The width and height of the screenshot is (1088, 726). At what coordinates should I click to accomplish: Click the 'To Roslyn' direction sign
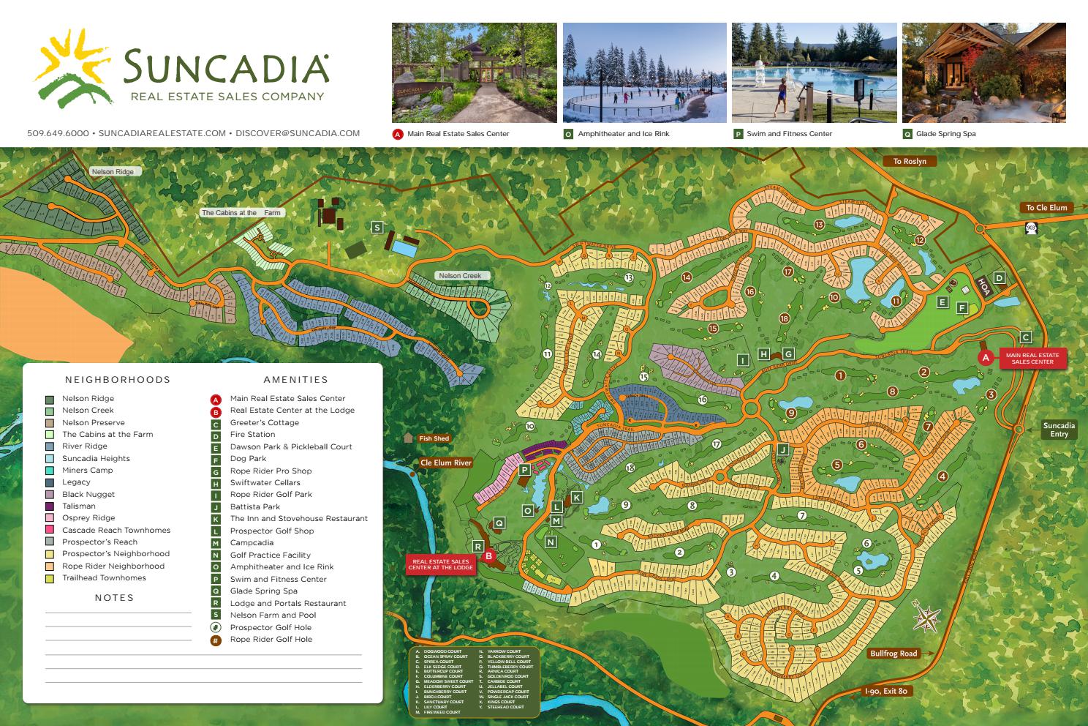pyautogui.click(x=909, y=161)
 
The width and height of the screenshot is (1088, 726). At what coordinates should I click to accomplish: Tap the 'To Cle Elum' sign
pyautogui.click(x=1046, y=207)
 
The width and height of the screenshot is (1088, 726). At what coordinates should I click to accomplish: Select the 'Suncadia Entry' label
pyautogui.click(x=1059, y=430)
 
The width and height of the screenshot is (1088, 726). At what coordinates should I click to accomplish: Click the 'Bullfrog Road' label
pyautogui.click(x=893, y=654)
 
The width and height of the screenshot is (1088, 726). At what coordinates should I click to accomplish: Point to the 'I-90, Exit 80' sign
pyautogui.click(x=885, y=691)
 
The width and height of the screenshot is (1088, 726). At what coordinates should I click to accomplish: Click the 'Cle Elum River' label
pyautogui.click(x=446, y=463)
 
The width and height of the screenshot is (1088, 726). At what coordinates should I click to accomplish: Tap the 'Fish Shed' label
pyautogui.click(x=434, y=438)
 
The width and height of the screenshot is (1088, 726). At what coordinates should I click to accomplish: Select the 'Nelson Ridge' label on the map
pyautogui.click(x=113, y=171)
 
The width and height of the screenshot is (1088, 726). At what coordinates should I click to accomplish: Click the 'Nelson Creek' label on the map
pyautogui.click(x=460, y=275)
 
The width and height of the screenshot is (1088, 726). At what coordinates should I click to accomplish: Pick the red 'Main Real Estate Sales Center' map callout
pyautogui.click(x=1032, y=358)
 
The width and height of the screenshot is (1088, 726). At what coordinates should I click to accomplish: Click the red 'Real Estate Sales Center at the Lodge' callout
pyautogui.click(x=439, y=564)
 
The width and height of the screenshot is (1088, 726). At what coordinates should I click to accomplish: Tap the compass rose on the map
pyautogui.click(x=926, y=619)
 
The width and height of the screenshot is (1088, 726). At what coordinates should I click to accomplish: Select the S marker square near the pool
pyautogui.click(x=377, y=228)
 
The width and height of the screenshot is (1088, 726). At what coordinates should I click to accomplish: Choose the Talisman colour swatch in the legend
pyautogui.click(x=50, y=506)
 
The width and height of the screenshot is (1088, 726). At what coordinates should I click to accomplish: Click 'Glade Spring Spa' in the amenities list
pyautogui.click(x=263, y=591)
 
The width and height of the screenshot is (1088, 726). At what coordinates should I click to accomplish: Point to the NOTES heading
pyautogui.click(x=114, y=597)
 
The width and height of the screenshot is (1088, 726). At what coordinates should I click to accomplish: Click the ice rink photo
pyautogui.click(x=644, y=72)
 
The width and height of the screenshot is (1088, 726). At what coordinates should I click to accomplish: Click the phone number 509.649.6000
pyautogui.click(x=58, y=133)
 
